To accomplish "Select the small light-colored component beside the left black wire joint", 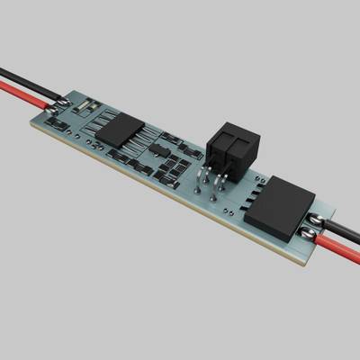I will click(x=82, y=106).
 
